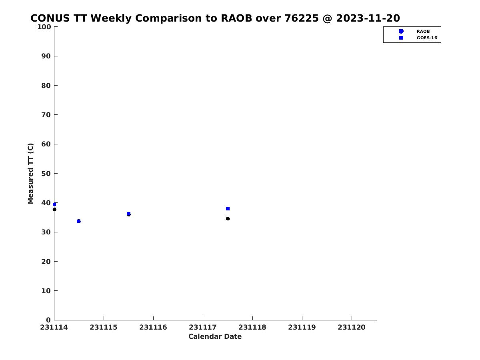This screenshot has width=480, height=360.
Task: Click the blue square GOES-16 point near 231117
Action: [228, 208]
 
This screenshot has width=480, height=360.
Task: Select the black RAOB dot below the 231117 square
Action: [228, 218]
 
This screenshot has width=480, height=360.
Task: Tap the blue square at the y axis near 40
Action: [54, 204]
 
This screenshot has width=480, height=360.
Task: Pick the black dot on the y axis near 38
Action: [54, 209]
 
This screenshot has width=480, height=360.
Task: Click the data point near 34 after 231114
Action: [79, 221]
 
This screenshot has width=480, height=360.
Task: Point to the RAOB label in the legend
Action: [423, 31]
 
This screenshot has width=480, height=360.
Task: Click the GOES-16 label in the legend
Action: [427, 38]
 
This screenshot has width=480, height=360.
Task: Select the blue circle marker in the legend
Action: [401, 31]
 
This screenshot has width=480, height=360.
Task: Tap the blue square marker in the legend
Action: [401, 38]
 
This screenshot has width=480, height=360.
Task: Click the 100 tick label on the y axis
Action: [44, 27]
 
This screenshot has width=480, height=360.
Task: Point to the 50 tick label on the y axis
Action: [46, 174]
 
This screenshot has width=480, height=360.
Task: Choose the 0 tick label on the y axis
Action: [48, 320]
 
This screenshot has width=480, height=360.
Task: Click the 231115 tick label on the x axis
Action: [104, 327]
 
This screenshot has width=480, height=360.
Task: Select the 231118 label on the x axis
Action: [252, 327]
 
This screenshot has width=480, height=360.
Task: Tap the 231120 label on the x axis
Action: [352, 327]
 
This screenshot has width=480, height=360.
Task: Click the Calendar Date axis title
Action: [215, 336]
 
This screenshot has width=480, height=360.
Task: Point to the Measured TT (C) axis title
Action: [31, 173]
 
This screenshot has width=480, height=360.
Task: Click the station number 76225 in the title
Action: [302, 18]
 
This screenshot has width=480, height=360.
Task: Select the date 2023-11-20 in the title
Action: [368, 18]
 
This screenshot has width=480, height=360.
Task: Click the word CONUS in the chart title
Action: [50, 18]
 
